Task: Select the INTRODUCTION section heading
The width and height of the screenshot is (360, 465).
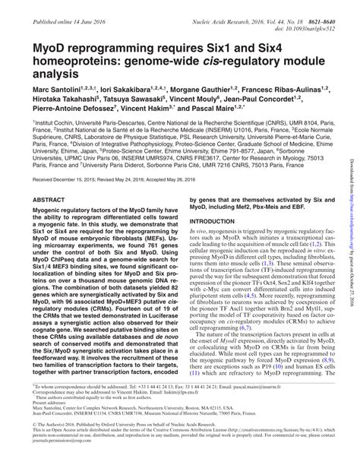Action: click(212, 220)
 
